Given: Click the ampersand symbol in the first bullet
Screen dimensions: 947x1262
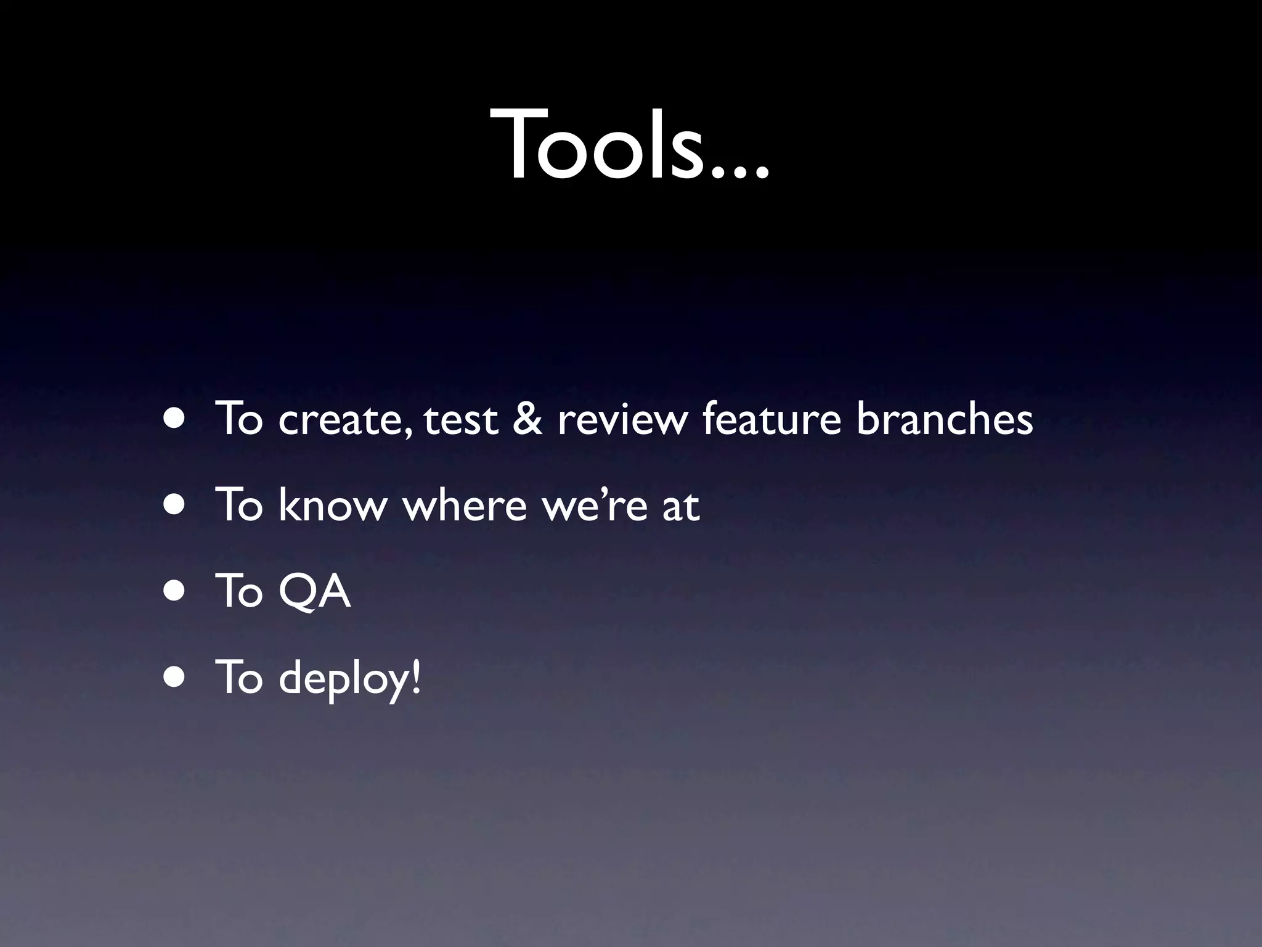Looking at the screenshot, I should [527, 419].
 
